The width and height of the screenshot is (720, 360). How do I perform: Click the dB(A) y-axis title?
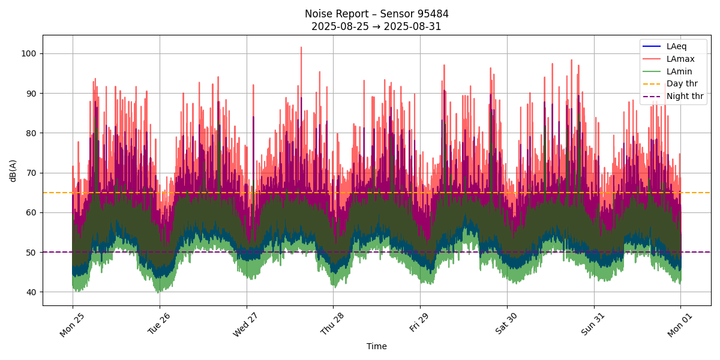(13, 170)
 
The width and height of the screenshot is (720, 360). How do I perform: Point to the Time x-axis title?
(377, 346)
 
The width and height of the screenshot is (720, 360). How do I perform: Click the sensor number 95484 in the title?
(431, 14)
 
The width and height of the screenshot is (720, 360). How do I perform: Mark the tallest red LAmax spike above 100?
(301, 47)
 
